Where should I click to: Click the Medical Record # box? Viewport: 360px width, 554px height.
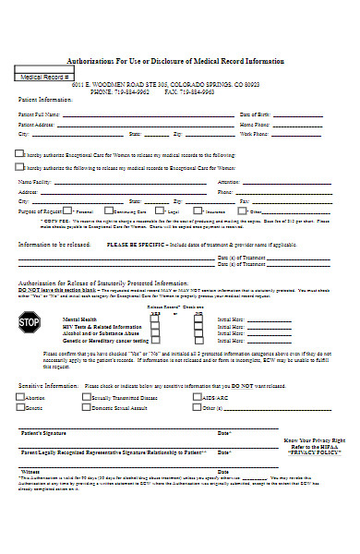tap(45, 77)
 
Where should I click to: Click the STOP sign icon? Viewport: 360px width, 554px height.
tap(30, 322)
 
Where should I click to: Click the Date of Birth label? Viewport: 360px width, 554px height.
tap(255, 114)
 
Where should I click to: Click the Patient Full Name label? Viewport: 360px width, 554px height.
tap(38, 114)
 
